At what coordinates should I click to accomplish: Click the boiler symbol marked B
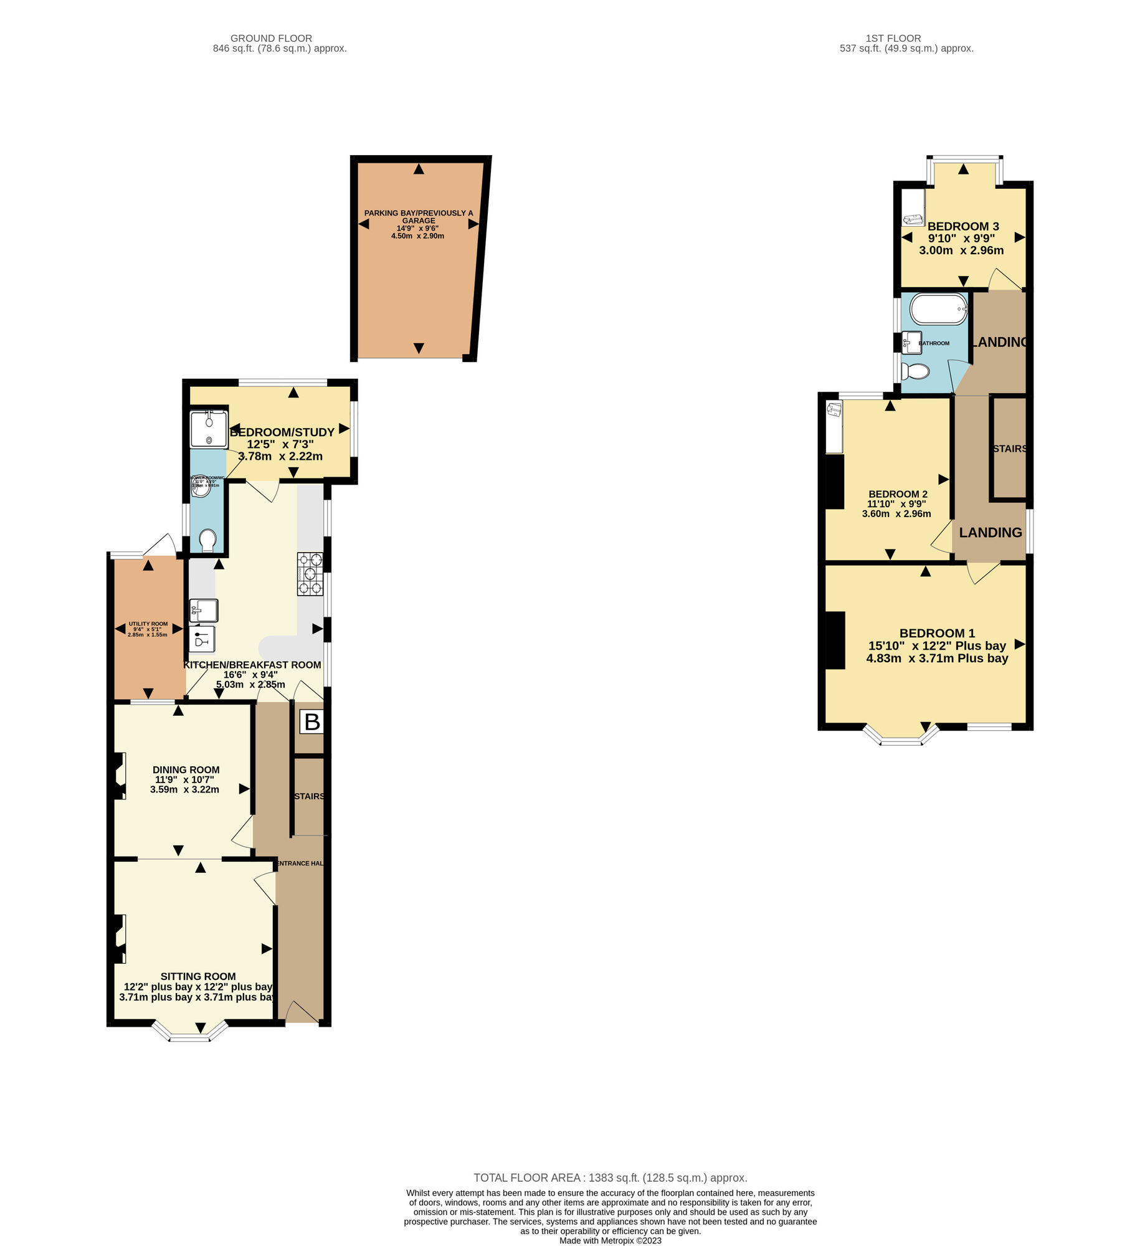click(x=312, y=722)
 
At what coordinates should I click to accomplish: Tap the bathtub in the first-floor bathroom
click(x=938, y=309)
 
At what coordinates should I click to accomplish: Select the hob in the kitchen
click(x=310, y=574)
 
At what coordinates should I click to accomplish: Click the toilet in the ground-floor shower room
click(x=208, y=540)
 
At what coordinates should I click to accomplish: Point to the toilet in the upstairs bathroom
click(x=915, y=371)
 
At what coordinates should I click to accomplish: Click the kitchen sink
click(x=204, y=611)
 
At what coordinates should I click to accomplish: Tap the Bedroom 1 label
click(x=937, y=633)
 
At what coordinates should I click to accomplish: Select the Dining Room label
click(x=186, y=769)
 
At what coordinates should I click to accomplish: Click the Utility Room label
click(x=148, y=624)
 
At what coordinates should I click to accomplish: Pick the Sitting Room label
click(x=198, y=976)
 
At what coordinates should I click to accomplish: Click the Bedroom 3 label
click(x=963, y=226)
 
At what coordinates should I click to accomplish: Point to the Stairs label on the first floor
click(x=1009, y=449)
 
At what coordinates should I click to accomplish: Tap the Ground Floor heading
click(x=271, y=38)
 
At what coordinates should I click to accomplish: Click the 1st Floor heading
click(x=893, y=38)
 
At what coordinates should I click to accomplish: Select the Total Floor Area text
click(x=610, y=1177)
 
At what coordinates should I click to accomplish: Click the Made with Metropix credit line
click(x=610, y=1240)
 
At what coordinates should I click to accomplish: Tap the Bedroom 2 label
click(x=898, y=494)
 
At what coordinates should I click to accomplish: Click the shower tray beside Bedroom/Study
click(x=209, y=429)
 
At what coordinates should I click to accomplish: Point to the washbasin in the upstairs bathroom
click(x=913, y=342)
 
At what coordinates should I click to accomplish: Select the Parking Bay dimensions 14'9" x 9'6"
click(x=417, y=229)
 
